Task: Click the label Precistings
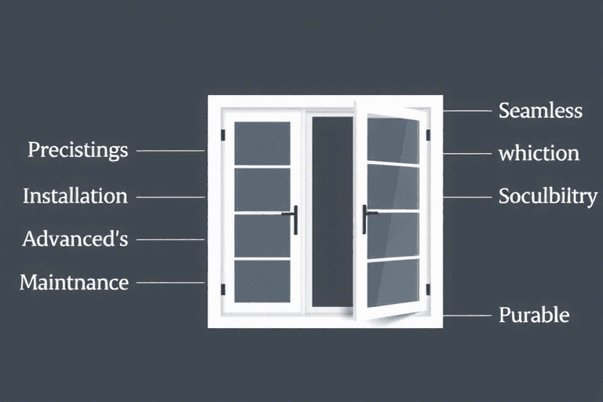(78, 149)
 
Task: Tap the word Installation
(75, 196)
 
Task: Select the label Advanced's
(75, 239)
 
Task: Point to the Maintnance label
(74, 281)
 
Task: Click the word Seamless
(540, 111)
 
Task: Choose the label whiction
(539, 153)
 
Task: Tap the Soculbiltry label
(547, 196)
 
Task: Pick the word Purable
(534, 316)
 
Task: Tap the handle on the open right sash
(365, 219)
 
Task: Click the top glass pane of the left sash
(262, 144)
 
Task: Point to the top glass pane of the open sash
(393, 140)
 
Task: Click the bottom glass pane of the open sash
(393, 283)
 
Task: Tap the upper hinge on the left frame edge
(223, 135)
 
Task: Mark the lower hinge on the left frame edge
(223, 290)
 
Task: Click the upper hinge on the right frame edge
(429, 135)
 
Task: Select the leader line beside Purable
(468, 316)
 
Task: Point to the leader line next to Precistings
(170, 150)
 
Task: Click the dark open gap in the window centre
(332, 212)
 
